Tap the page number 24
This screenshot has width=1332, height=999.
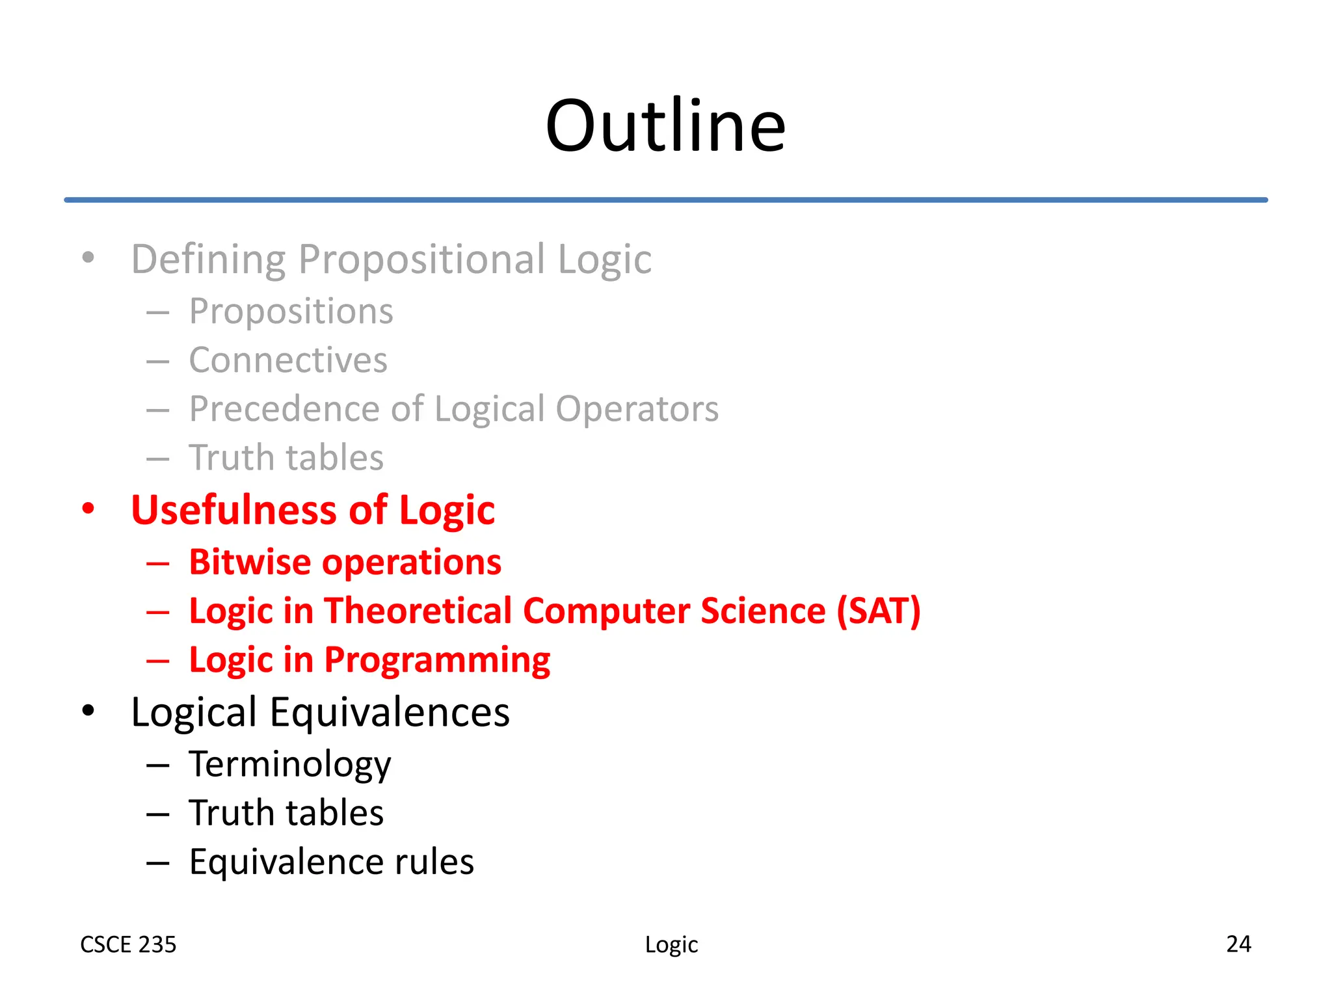(x=1238, y=944)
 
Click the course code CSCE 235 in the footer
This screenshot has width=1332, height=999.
(x=128, y=944)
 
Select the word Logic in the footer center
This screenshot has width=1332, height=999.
(x=671, y=944)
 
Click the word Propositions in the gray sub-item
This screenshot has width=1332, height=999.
(x=291, y=312)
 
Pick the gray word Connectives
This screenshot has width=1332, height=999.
(x=288, y=360)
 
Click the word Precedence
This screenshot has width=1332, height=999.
(x=284, y=409)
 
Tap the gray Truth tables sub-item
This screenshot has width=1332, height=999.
(x=286, y=458)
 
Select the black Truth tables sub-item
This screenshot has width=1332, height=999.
(x=286, y=813)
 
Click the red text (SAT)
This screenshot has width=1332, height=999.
(x=879, y=611)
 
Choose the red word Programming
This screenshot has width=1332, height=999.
(x=437, y=661)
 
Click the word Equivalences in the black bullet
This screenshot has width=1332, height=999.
(x=390, y=712)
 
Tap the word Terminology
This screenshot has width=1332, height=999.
(x=290, y=765)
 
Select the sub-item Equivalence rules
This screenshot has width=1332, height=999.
(x=331, y=862)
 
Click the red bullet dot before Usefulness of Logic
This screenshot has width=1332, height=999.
(x=88, y=508)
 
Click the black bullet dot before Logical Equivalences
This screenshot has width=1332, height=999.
(x=88, y=710)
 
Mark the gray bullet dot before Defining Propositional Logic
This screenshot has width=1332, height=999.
(x=88, y=258)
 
